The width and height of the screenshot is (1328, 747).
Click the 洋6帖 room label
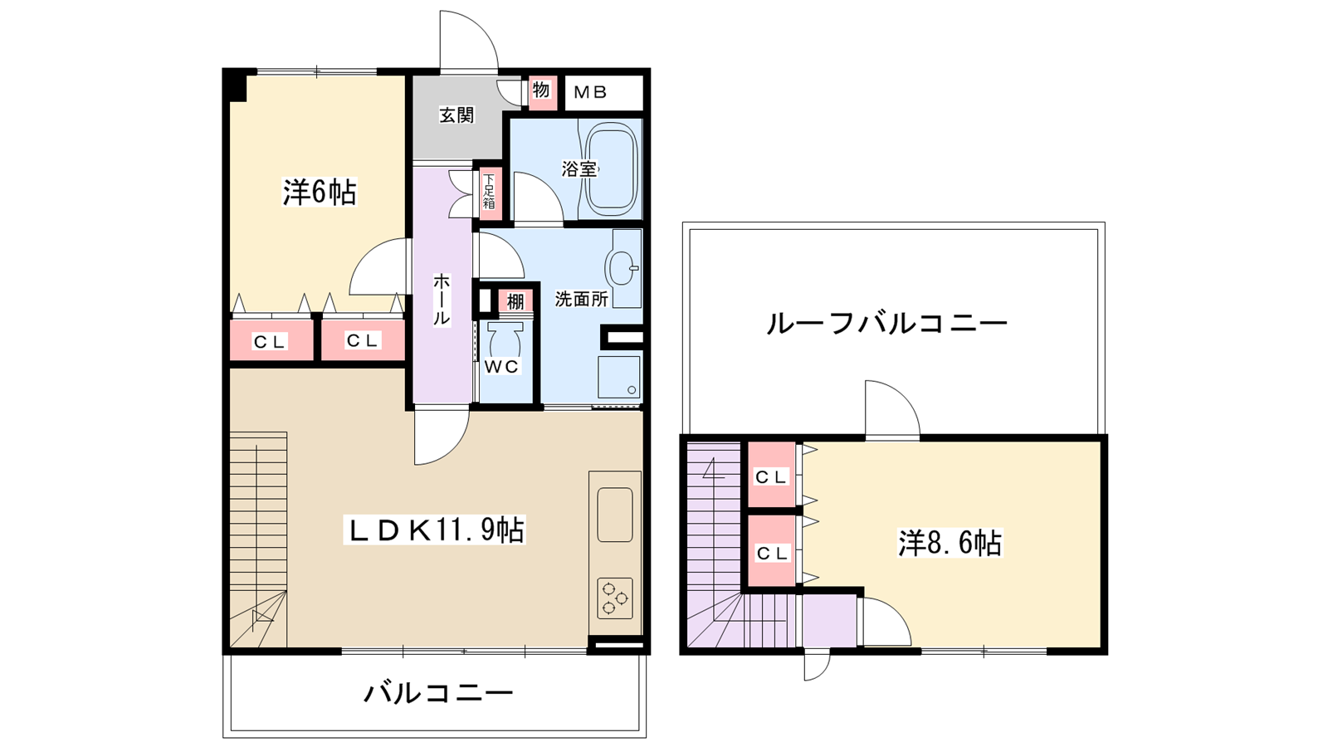pos(320,193)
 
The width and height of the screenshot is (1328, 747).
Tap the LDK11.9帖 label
pos(434,530)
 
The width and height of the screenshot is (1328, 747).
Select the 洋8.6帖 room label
pos(950,543)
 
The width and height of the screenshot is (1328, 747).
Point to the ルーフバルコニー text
pos(886,323)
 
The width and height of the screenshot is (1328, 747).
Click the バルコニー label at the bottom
pos(438,692)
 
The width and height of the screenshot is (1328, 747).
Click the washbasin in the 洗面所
pos(622,268)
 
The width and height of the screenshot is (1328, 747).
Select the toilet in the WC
pos(504,341)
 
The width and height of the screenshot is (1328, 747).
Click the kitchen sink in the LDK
pos(615,515)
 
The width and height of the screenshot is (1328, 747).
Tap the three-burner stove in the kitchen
pos(615,598)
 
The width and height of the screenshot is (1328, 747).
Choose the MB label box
pos(591,92)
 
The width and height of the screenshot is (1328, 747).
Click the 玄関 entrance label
pos(456,115)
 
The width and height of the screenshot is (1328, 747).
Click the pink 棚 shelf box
pos(515,301)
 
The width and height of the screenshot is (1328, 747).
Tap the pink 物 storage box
pos(541,90)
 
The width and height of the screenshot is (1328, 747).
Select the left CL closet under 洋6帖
pos(271,341)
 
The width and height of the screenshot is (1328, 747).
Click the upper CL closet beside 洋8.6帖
pos(771,476)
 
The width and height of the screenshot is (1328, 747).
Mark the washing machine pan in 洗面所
pos(619,378)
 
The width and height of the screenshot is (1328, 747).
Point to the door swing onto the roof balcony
pos(891,410)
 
